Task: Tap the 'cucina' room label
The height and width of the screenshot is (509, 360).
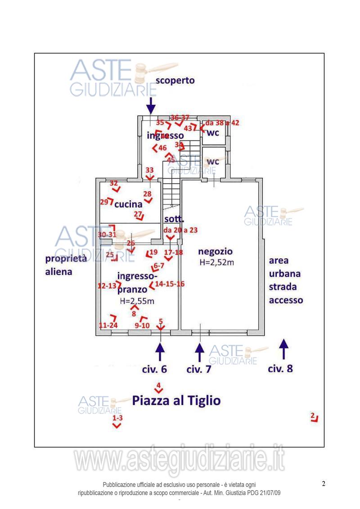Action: (128, 204)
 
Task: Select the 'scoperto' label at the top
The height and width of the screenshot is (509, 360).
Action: (175, 81)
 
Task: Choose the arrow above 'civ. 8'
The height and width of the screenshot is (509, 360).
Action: (283, 349)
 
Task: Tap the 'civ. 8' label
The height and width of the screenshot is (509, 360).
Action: (280, 369)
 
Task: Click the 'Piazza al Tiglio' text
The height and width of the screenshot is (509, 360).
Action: (176, 401)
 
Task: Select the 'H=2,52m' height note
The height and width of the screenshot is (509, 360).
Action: (216, 263)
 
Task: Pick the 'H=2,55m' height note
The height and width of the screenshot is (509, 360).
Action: (137, 302)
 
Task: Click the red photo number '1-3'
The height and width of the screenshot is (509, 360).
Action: (117, 418)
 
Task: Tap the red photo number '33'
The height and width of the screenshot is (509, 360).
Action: (149, 170)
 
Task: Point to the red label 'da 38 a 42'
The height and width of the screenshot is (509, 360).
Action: (222, 123)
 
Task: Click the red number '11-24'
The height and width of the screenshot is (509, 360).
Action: (108, 325)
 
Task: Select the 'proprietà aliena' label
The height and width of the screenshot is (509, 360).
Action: (65, 265)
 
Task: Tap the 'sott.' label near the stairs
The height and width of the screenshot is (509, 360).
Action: (174, 220)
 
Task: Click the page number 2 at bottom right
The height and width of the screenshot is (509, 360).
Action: (324, 484)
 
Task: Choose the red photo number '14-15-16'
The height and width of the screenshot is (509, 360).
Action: (170, 284)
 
